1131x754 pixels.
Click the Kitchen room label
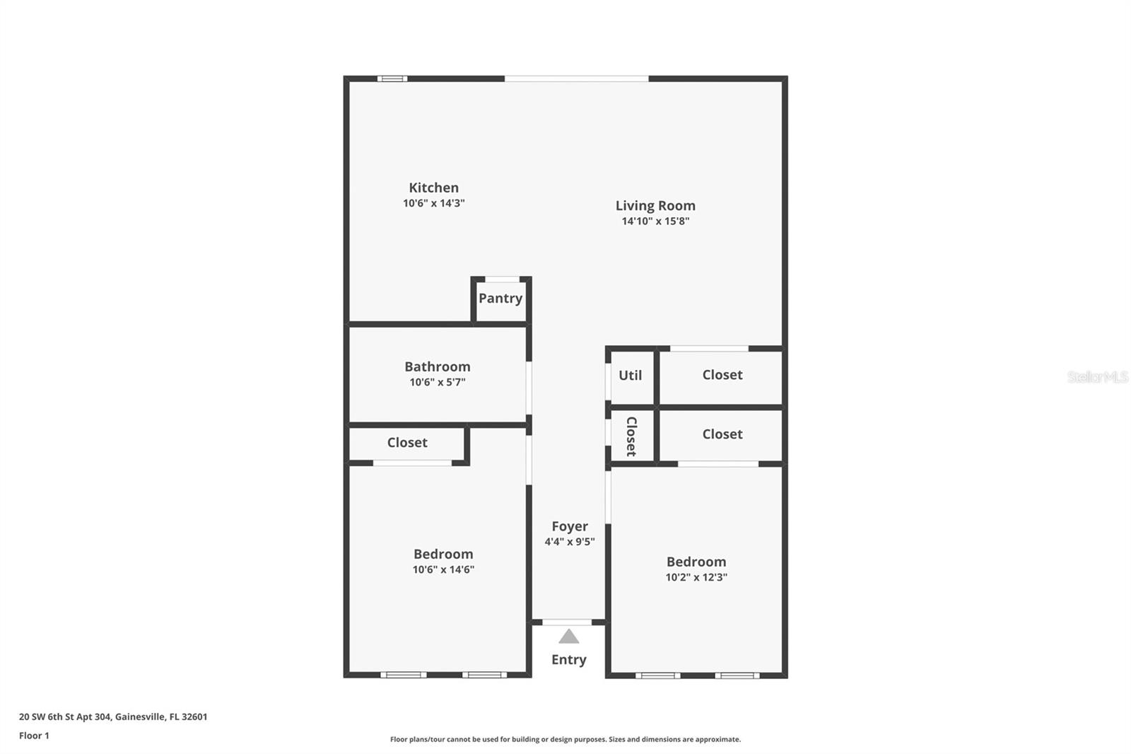[433, 187]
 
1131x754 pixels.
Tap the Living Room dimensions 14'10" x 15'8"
[655, 221]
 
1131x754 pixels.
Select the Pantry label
[500, 298]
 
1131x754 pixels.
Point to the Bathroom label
[437, 366]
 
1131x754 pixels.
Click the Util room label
[630, 375]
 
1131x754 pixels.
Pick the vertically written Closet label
[631, 436]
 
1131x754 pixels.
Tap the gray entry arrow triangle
[569, 637]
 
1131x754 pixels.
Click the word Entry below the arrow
[569, 659]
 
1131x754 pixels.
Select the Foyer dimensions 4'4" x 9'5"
[569, 542]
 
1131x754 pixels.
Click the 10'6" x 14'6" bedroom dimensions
[443, 569]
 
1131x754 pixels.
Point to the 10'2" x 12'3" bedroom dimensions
[696, 577]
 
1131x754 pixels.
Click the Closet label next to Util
[722, 375]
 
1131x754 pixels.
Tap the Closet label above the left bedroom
[407, 442]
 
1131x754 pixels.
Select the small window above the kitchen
[392, 79]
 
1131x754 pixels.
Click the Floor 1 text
[34, 736]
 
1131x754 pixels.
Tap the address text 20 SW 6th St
[113, 717]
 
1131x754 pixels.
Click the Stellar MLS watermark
[1097, 377]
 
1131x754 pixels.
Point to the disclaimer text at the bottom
[565, 739]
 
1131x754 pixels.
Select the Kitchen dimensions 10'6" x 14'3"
[433, 204]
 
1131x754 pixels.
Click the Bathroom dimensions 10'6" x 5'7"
[437, 383]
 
